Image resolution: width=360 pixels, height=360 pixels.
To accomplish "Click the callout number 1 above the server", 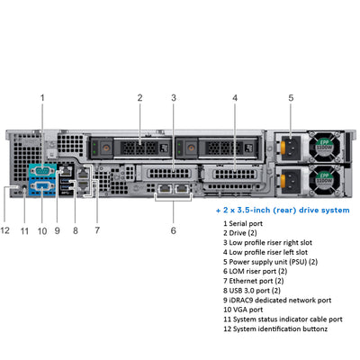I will point(41,96).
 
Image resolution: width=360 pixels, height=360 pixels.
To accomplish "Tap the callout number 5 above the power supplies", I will point(291,96).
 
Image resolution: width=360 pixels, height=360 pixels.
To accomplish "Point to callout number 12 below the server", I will point(5,230).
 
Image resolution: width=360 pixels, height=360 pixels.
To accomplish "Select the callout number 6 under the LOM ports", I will point(173,230).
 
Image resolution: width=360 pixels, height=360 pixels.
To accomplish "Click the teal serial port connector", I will point(41,170).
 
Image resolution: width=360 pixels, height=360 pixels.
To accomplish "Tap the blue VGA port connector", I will point(41,188).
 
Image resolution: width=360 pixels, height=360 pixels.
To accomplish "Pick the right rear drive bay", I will point(208,145).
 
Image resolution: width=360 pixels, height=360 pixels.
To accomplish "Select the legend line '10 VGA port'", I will point(248,309).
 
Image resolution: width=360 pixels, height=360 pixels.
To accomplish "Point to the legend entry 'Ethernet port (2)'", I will point(257,280).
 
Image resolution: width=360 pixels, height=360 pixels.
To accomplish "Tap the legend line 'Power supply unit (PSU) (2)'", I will point(270,261).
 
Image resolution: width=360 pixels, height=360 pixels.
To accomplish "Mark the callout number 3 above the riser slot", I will point(173,96).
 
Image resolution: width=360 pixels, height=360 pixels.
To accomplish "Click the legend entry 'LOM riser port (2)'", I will point(256,271).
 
